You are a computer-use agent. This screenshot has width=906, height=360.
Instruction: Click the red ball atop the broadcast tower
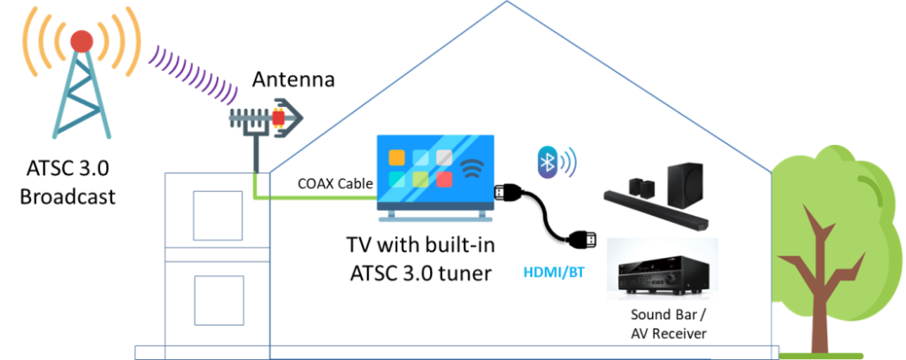coord(81,40)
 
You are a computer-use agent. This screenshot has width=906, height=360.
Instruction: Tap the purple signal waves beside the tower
coord(194,73)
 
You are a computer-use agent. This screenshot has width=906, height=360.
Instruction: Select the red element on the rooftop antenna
coord(278,118)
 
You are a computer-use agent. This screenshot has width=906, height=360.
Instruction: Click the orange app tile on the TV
coord(396,157)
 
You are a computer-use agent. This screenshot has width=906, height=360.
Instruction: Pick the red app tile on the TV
coord(444,179)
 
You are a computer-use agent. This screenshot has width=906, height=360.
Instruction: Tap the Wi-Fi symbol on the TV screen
coord(475,169)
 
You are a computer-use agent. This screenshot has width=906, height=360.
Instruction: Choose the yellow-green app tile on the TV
coord(420,179)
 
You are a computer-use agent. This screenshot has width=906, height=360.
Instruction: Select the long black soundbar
coord(656,211)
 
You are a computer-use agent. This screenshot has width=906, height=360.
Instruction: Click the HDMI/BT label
coord(553,272)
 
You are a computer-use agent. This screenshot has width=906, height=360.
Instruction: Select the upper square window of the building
coord(218,216)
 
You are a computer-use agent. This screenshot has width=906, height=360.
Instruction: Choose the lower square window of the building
coord(219,300)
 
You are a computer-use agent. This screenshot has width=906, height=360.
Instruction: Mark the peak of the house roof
coord(507,3)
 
